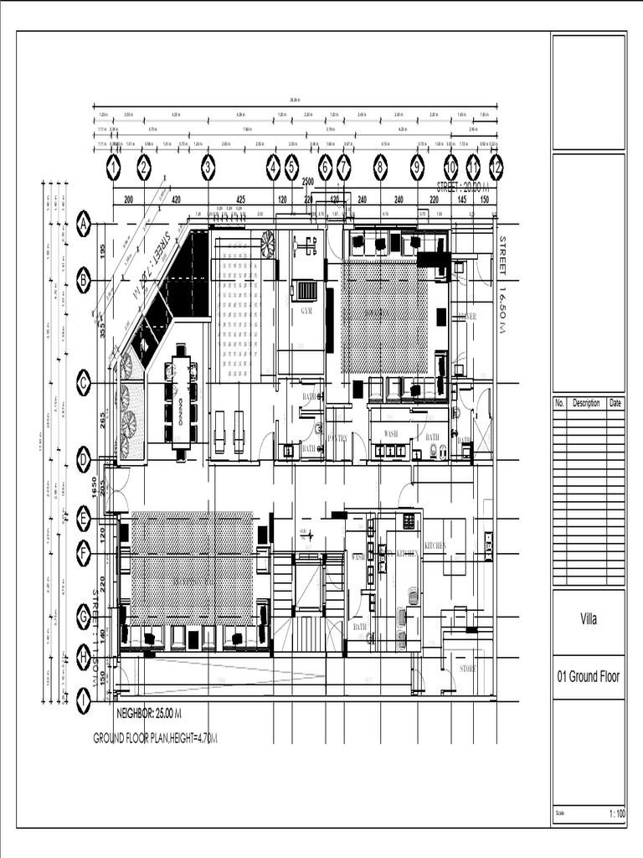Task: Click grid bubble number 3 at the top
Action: (208, 168)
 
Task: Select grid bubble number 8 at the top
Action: (380, 168)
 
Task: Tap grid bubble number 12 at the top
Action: (496, 168)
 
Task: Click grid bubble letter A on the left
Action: (84, 224)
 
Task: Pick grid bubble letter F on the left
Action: (84, 553)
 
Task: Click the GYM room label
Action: (306, 311)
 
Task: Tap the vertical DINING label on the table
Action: (180, 406)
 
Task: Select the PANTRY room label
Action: (337, 437)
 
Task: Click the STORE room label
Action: (467, 669)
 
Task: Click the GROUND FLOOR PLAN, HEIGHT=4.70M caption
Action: (155, 738)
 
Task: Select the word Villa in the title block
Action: (588, 620)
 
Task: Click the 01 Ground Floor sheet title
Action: (588, 677)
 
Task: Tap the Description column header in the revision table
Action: (586, 403)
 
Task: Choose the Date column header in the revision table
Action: (615, 403)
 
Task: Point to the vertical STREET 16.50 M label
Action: (503, 285)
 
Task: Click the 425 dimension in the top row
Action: (240, 200)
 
